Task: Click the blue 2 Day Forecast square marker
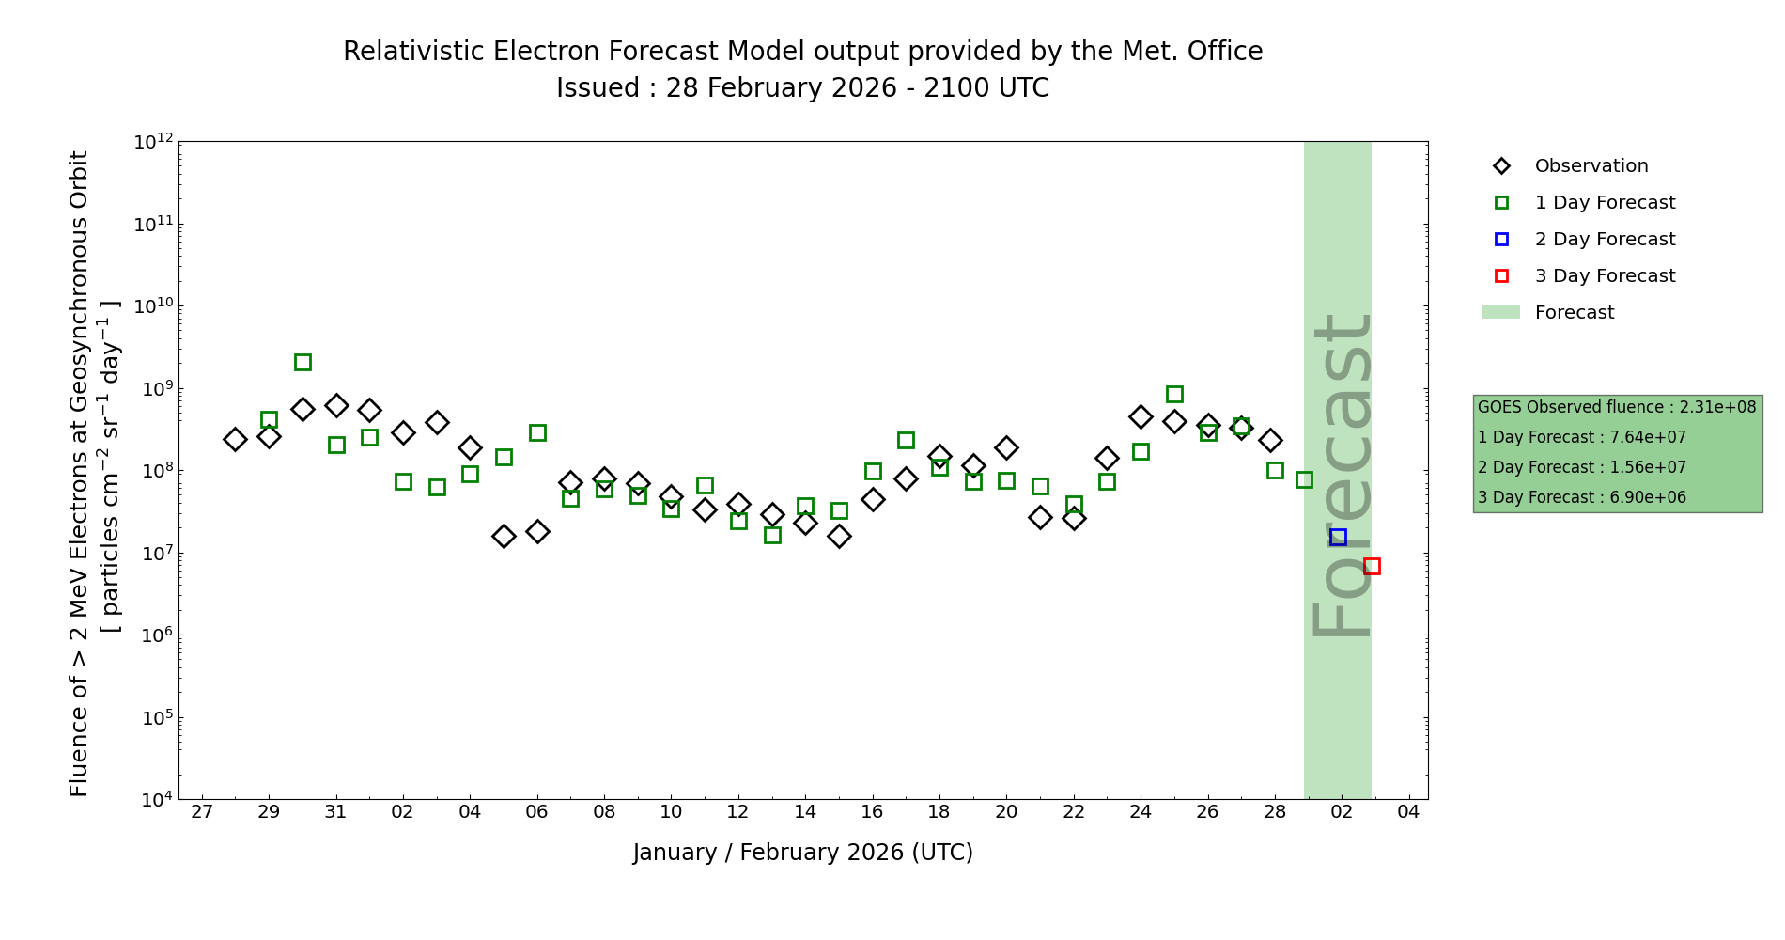pyautogui.click(x=1338, y=537)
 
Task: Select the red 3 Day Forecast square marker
pyautogui.click(x=1372, y=566)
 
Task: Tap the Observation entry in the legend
pyautogui.click(x=1591, y=166)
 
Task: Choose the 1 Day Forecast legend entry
pyautogui.click(x=1605, y=203)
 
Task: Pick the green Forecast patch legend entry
pyautogui.click(x=1574, y=313)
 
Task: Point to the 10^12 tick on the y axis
pyautogui.click(x=154, y=142)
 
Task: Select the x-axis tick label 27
pyautogui.click(x=202, y=812)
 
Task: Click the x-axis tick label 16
pyautogui.click(x=873, y=812)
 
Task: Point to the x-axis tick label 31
pyautogui.click(x=336, y=812)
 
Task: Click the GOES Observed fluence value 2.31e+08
pyautogui.click(x=1717, y=407)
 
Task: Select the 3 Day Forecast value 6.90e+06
pyautogui.click(x=1648, y=497)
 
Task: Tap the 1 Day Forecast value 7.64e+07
pyautogui.click(x=1648, y=437)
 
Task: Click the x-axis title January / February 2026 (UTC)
pyautogui.click(x=803, y=853)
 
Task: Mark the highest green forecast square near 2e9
pyautogui.click(x=303, y=362)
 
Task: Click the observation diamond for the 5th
pyautogui.click(x=504, y=536)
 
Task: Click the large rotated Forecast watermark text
pyautogui.click(x=1342, y=475)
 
